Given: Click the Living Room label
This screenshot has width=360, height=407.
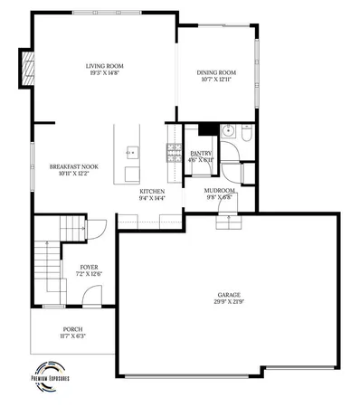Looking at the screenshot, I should (104, 66).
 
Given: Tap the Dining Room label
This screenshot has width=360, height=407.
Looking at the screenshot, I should (216, 72).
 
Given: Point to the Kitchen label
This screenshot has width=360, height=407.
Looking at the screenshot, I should (151, 192).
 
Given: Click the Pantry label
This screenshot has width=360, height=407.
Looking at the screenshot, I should (201, 154).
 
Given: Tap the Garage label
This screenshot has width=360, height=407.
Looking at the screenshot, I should (228, 295).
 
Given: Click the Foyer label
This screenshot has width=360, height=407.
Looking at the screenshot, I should (89, 267).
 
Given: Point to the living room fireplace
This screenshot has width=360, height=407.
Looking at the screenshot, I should (29, 68).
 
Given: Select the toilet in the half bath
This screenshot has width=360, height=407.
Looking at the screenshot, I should (244, 133).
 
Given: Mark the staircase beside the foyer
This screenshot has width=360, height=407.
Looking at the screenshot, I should (49, 262).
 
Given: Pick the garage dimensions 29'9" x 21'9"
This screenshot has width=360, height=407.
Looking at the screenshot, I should (228, 301).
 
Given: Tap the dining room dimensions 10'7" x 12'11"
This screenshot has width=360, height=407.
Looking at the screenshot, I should (216, 80).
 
